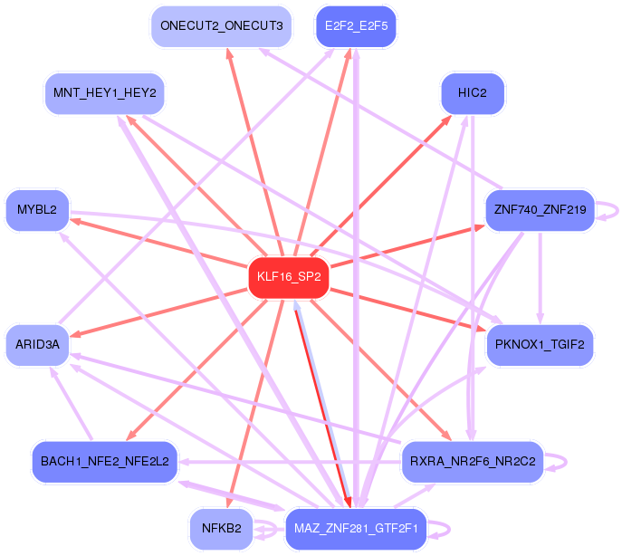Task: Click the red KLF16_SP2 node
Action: click(288, 277)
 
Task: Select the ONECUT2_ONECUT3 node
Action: click(221, 25)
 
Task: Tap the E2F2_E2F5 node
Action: click(356, 25)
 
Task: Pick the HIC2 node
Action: click(472, 93)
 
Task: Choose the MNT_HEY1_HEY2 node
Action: click(104, 93)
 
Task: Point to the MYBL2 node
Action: click(37, 210)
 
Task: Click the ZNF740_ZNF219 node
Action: click(540, 210)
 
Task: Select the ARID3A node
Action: click(37, 344)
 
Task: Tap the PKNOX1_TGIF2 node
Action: click(540, 344)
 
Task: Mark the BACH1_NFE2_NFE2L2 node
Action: click(104, 462)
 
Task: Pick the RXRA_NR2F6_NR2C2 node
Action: click(472, 462)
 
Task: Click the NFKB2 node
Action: click(221, 529)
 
